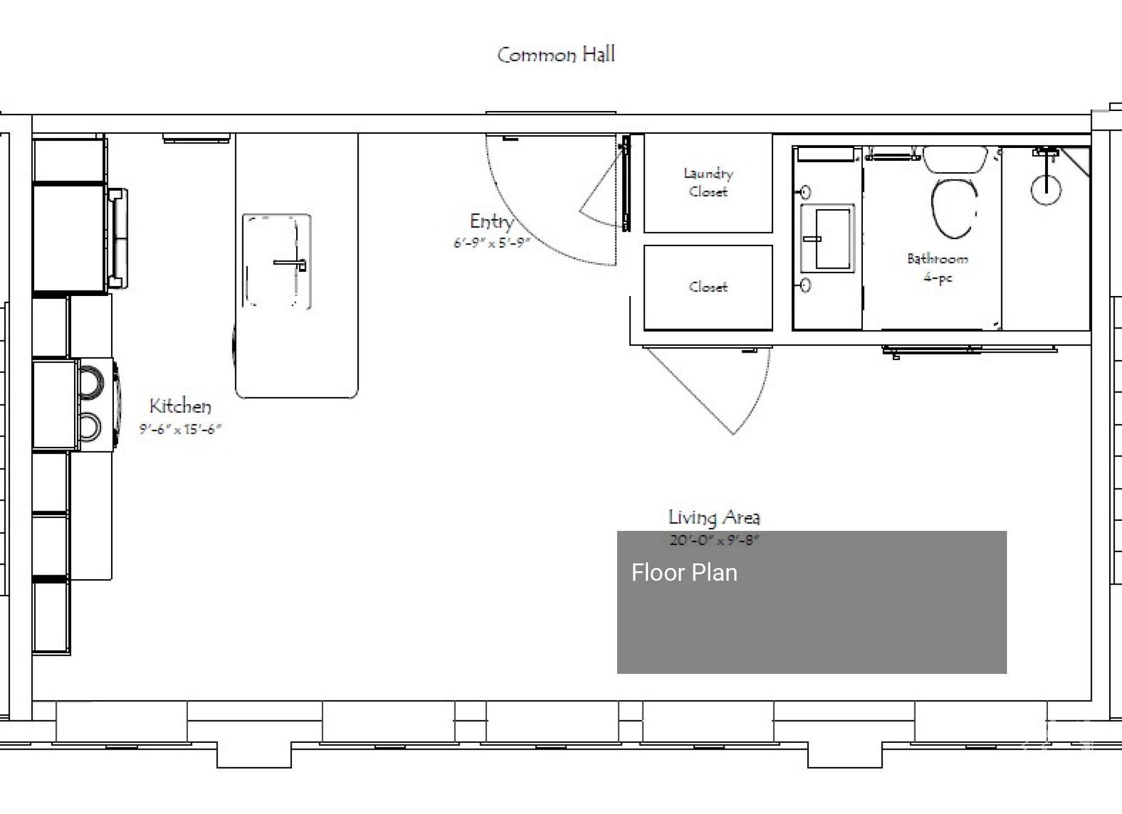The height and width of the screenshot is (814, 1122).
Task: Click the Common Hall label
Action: tap(556, 55)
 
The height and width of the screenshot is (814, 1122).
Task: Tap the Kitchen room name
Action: tap(180, 406)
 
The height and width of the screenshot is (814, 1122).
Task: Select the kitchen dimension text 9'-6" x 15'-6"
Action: tap(180, 429)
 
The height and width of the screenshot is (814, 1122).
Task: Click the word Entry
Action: tap(491, 221)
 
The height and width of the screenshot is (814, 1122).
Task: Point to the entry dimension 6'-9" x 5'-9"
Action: tap(491, 243)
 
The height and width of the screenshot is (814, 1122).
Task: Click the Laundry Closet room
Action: tap(708, 183)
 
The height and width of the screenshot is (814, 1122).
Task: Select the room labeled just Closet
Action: tap(708, 287)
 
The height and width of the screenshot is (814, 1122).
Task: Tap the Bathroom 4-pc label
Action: tap(937, 267)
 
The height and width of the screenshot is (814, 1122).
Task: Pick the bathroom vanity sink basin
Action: tap(833, 239)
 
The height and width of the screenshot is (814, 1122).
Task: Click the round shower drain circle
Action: tap(1046, 189)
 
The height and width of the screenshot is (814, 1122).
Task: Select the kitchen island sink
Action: tap(276, 261)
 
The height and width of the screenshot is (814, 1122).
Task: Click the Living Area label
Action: tap(714, 517)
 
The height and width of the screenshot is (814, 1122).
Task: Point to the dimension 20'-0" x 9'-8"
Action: tap(714, 540)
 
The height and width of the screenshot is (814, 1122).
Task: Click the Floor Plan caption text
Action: tap(684, 573)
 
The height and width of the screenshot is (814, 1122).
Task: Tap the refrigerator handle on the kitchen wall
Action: tap(119, 239)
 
